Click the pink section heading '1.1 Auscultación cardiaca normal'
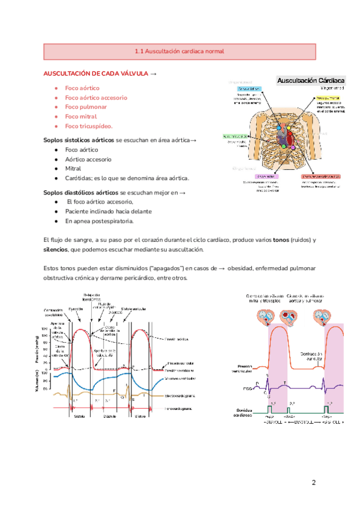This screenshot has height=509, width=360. coord(179,52)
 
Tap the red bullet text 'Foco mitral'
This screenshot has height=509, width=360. coord(81,116)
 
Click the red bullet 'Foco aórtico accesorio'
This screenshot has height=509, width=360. coord(96,97)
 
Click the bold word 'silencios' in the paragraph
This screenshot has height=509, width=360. coord(56,250)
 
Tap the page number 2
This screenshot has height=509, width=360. coord(313,483)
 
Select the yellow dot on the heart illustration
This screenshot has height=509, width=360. coord(286,128)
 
